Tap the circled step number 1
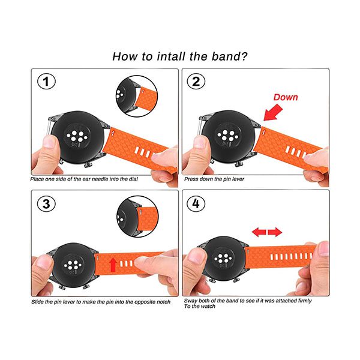pyautogui.click(x=46, y=81)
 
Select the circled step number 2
pyautogui.click(x=196, y=81)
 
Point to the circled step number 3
pyautogui.click(x=46, y=204)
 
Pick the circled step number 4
pyautogui.click(x=196, y=203)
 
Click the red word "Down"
pyautogui.click(x=286, y=97)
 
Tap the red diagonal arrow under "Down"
pyautogui.click(x=273, y=112)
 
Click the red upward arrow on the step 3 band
pyautogui.click(x=113, y=265)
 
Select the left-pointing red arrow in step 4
pyautogui.click(x=259, y=232)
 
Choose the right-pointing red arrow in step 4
pyautogui.click(x=275, y=232)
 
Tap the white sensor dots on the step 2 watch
pyautogui.click(x=228, y=136)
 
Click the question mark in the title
pyautogui.click(x=243, y=56)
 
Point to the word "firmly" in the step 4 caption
pyautogui.click(x=305, y=301)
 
